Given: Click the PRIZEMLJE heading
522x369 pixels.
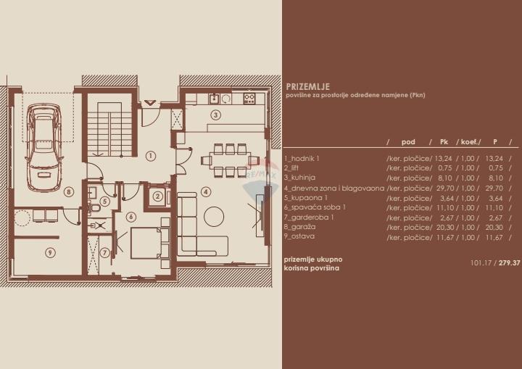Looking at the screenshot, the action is click(308, 86).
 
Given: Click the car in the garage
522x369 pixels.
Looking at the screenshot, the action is click(44, 147).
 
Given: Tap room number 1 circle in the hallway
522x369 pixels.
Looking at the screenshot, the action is click(151, 156).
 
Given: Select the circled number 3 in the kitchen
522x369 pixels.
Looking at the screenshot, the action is click(216, 115).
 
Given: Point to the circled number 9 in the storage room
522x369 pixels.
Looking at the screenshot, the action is click(50, 253).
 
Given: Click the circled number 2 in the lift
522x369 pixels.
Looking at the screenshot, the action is click(157, 196).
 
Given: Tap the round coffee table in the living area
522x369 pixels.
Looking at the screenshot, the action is click(214, 217).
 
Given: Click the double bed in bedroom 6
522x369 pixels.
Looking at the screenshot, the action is click(146, 243).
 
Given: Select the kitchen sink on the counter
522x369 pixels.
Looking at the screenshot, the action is click(214, 99).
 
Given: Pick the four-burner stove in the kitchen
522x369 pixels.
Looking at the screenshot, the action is click(249, 99).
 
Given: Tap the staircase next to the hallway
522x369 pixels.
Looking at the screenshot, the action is click(109, 129).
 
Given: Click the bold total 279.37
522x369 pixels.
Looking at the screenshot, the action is click(510, 262).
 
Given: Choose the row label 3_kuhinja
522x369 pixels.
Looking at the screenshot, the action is click(299, 178).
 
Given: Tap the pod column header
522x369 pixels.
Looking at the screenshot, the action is click(408, 142).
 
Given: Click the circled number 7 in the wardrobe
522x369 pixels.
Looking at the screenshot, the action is click(104, 253).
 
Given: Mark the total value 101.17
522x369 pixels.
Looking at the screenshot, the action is click(481, 262).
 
